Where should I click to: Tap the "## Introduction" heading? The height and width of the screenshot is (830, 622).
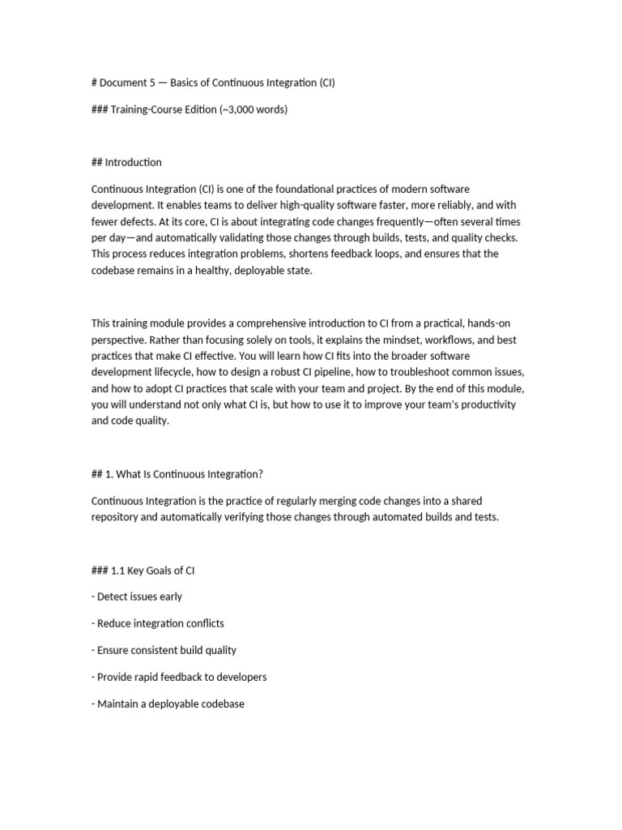[x=126, y=162]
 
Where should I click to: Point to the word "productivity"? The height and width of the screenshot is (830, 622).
[x=485, y=404]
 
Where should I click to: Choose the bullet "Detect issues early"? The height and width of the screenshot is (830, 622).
[x=137, y=597]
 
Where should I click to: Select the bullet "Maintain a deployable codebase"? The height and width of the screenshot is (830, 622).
[x=168, y=704]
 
